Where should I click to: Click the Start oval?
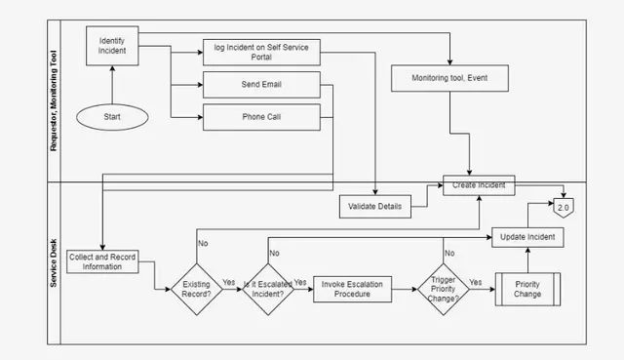tap(112, 117)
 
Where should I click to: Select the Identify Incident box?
tap(112, 46)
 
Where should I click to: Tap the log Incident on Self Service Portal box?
tap(261, 52)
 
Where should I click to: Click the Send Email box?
tap(261, 85)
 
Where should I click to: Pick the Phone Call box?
tap(261, 117)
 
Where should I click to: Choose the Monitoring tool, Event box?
tap(449, 78)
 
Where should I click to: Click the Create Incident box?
tap(479, 185)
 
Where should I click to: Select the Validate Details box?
tap(374, 206)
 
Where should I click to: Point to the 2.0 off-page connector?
tap(564, 208)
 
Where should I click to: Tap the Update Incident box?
tap(527, 237)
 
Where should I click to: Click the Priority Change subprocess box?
tap(527, 289)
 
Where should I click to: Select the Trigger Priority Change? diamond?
tap(444, 289)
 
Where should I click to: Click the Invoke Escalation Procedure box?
tap(352, 289)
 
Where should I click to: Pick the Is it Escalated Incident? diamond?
tap(268, 289)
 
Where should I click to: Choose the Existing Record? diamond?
tap(197, 289)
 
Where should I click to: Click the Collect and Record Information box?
tap(102, 261)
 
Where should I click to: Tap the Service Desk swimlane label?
tap(54, 262)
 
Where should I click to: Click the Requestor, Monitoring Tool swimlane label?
tap(54, 100)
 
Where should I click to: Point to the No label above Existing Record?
tap(203, 243)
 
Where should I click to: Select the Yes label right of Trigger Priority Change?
tap(476, 282)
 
